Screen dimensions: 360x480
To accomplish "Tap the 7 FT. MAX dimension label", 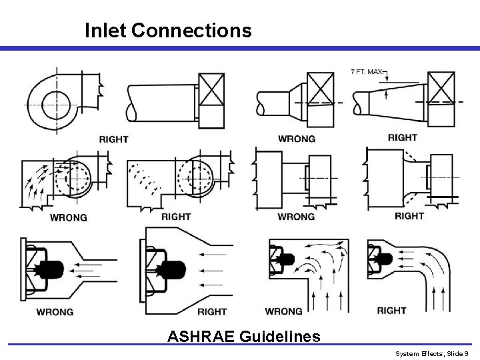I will (368, 71).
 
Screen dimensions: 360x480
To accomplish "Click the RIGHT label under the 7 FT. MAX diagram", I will (402, 137).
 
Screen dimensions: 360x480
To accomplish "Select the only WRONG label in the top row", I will (297, 138).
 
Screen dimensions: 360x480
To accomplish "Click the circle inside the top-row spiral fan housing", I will (52, 105).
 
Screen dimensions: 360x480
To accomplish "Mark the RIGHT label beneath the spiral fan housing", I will (113, 139).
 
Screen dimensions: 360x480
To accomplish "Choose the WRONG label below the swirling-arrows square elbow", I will (283, 311).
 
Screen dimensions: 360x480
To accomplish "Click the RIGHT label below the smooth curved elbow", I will (391, 311).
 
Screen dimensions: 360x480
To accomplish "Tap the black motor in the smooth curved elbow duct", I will (384, 257).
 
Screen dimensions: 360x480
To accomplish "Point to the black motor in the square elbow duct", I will (287, 257).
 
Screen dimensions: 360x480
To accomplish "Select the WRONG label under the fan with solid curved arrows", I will (69, 217).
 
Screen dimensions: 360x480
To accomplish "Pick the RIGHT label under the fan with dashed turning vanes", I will (176, 217).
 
